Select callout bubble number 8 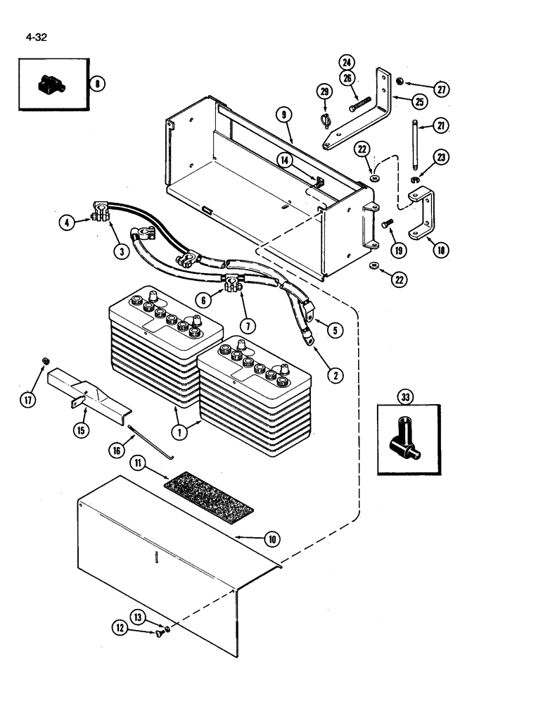(97, 84)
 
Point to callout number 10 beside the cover (271, 540)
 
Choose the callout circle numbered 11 (138, 464)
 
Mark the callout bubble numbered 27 (441, 89)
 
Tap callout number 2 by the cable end (336, 375)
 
